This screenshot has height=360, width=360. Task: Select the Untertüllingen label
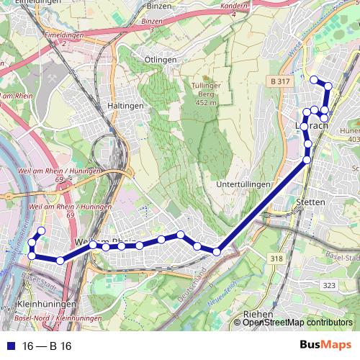coord(243,185)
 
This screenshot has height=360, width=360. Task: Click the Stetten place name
coord(311,203)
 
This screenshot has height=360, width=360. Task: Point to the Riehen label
coord(258,315)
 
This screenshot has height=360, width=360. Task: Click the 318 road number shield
coord(276,258)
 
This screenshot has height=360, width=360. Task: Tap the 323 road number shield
coord(329,286)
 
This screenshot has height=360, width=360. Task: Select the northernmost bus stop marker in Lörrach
coord(313,79)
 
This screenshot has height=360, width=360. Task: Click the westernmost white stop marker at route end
coord(32,256)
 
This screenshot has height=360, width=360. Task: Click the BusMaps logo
coord(325,346)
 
